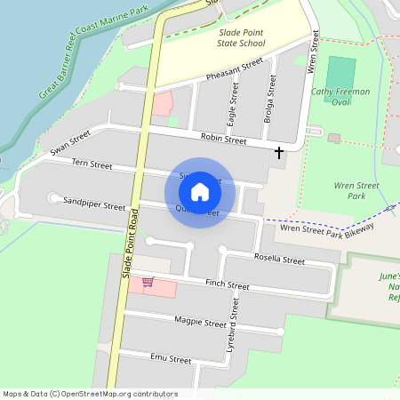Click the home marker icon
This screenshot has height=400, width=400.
(x=200, y=192)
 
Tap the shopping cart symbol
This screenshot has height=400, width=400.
(x=148, y=283)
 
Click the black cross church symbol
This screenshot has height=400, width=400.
(x=279, y=153)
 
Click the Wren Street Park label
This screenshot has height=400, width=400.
(x=356, y=190)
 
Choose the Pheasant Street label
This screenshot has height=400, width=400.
(x=236, y=69)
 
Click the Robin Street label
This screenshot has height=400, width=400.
(x=223, y=139)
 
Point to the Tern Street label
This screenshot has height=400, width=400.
(x=92, y=164)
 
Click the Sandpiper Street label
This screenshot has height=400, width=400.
(x=94, y=204)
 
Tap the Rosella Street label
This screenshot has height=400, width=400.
(x=279, y=260)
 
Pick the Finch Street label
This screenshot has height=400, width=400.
(x=227, y=284)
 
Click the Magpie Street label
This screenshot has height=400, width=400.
(x=201, y=323)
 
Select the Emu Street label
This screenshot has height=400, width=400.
(x=171, y=360)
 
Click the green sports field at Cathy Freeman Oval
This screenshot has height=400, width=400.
(x=341, y=70)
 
